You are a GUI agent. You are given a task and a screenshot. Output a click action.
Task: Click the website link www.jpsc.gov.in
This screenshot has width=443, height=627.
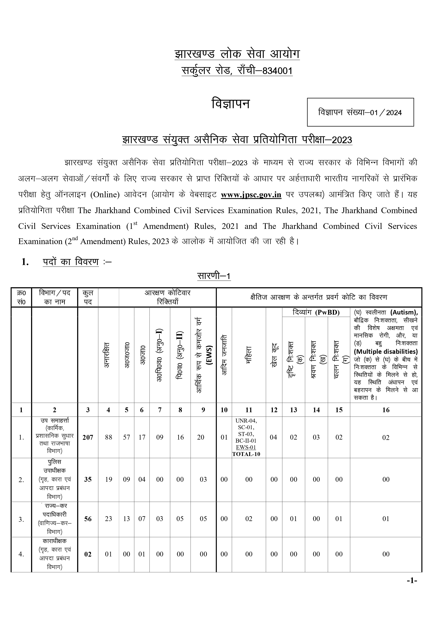[x=251, y=195]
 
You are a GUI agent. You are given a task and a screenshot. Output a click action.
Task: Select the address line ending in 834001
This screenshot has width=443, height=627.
[x=237, y=71]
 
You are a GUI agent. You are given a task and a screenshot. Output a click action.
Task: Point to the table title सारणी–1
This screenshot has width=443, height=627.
[x=214, y=276]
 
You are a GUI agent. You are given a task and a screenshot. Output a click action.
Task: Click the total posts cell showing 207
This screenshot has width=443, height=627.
[x=88, y=437]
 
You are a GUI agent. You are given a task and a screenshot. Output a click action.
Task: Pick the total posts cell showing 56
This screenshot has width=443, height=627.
[x=88, y=519]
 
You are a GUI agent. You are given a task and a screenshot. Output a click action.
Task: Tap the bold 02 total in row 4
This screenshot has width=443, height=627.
[x=88, y=554]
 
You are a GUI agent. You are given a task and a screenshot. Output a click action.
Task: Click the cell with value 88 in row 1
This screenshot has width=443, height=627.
[x=109, y=437]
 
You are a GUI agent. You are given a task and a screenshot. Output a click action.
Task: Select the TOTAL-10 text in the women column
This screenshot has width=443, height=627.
[x=246, y=454]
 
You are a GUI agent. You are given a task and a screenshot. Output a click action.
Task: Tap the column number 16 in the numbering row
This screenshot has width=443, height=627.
[x=386, y=410]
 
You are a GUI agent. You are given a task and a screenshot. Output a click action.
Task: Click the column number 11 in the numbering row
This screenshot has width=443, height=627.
[x=249, y=410]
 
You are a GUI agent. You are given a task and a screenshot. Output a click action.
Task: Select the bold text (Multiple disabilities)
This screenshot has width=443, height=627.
[x=386, y=352]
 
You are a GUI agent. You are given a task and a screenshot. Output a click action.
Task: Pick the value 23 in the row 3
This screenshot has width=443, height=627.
[x=109, y=519]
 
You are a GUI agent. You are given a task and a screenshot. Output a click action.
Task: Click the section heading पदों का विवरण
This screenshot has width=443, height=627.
[x=71, y=262]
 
